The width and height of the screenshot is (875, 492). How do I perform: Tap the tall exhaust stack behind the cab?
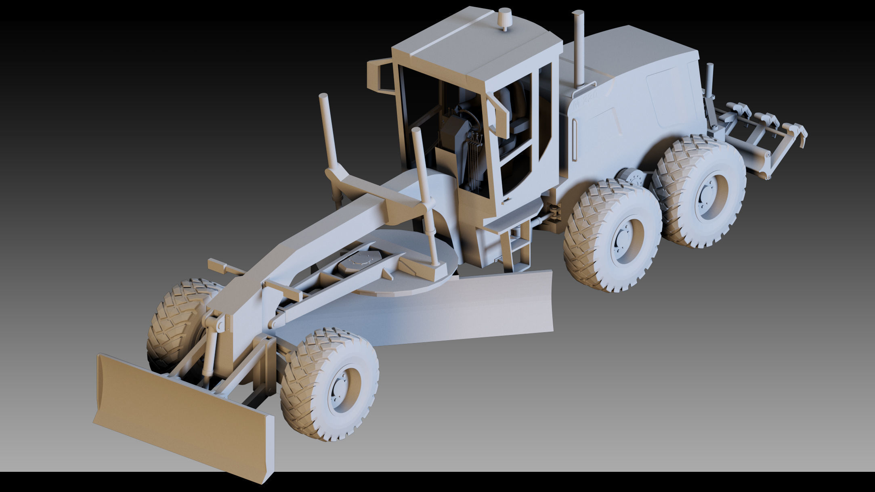pos(578,48)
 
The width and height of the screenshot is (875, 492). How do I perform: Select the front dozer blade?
pos(182,416)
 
